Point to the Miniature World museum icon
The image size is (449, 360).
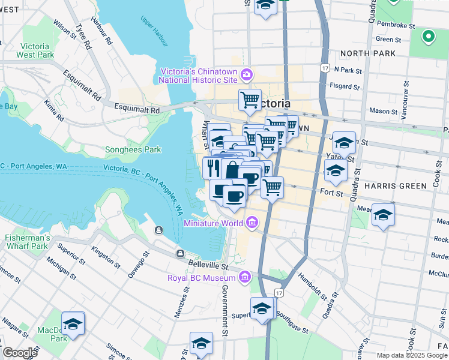pos(252,223)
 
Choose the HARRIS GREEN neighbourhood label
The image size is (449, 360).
pos(396,186)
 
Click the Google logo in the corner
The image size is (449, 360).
pos(19,353)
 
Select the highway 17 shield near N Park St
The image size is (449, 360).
pos(325,68)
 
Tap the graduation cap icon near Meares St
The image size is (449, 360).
pos(382,215)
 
